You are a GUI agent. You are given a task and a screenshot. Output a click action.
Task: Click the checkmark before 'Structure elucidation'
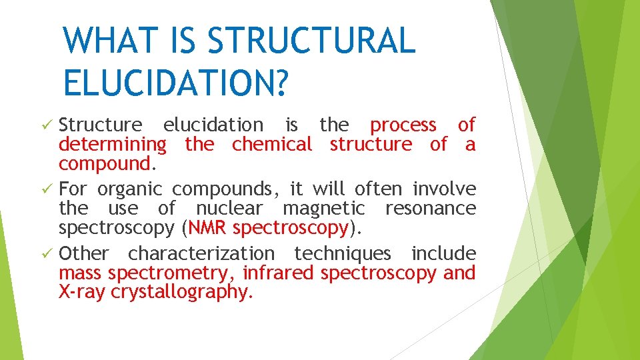pos(49,125)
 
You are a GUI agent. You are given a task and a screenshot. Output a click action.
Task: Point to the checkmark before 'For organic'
pos(49,189)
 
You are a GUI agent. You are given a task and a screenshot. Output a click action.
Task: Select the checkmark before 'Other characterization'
pos(49,254)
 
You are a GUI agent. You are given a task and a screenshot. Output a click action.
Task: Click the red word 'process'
pos(403,125)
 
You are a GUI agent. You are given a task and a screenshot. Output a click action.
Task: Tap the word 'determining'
pos(112,145)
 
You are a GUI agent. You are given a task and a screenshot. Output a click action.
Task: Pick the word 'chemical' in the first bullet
pos(271,145)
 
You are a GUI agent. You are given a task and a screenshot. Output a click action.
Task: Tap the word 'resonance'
pos(431,209)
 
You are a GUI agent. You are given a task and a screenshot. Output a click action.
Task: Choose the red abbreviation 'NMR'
pos(209,228)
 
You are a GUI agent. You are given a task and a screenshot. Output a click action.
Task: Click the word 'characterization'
pos(201,254)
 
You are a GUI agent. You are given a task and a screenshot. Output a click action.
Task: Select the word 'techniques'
pos(343,254)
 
